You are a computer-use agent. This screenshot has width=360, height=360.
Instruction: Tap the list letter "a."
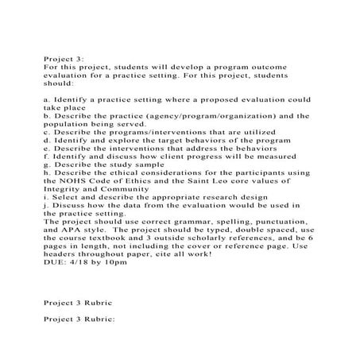pos(43,99)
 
